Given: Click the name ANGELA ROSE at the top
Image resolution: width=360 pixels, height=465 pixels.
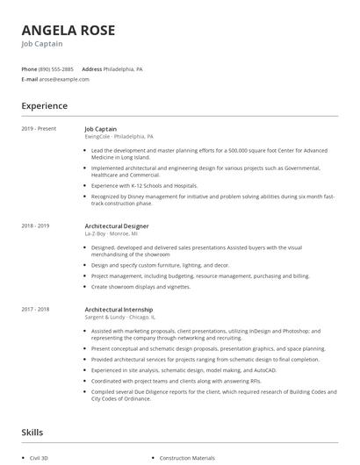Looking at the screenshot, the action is pos(68,31).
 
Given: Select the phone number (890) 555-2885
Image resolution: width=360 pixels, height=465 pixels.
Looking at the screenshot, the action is pos(56,68).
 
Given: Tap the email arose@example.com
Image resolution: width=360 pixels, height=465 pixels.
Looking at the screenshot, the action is pos(63,79).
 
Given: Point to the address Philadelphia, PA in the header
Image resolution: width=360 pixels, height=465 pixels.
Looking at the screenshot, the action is pos(123,68).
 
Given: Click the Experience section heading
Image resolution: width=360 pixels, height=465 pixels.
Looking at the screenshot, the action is pos(45,106).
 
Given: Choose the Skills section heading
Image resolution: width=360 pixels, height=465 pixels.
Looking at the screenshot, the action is pos(32,433).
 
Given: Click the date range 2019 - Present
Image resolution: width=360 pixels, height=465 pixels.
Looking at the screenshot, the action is pos(39,129).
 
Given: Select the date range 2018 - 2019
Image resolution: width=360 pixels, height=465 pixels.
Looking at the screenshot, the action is pos(35,225).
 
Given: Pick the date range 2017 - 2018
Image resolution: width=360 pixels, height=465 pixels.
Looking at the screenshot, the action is pos(35,310).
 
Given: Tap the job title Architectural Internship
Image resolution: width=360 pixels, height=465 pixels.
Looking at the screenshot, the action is pos(119,310).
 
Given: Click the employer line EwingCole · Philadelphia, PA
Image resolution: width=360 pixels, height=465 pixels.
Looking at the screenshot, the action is pos(119,137).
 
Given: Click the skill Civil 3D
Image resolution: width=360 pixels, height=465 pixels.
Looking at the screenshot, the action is pos(40,458).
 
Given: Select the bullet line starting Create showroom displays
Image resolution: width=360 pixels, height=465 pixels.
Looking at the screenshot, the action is pos(140,286).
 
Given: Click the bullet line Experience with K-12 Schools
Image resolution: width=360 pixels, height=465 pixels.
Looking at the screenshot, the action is pos(144,186).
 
